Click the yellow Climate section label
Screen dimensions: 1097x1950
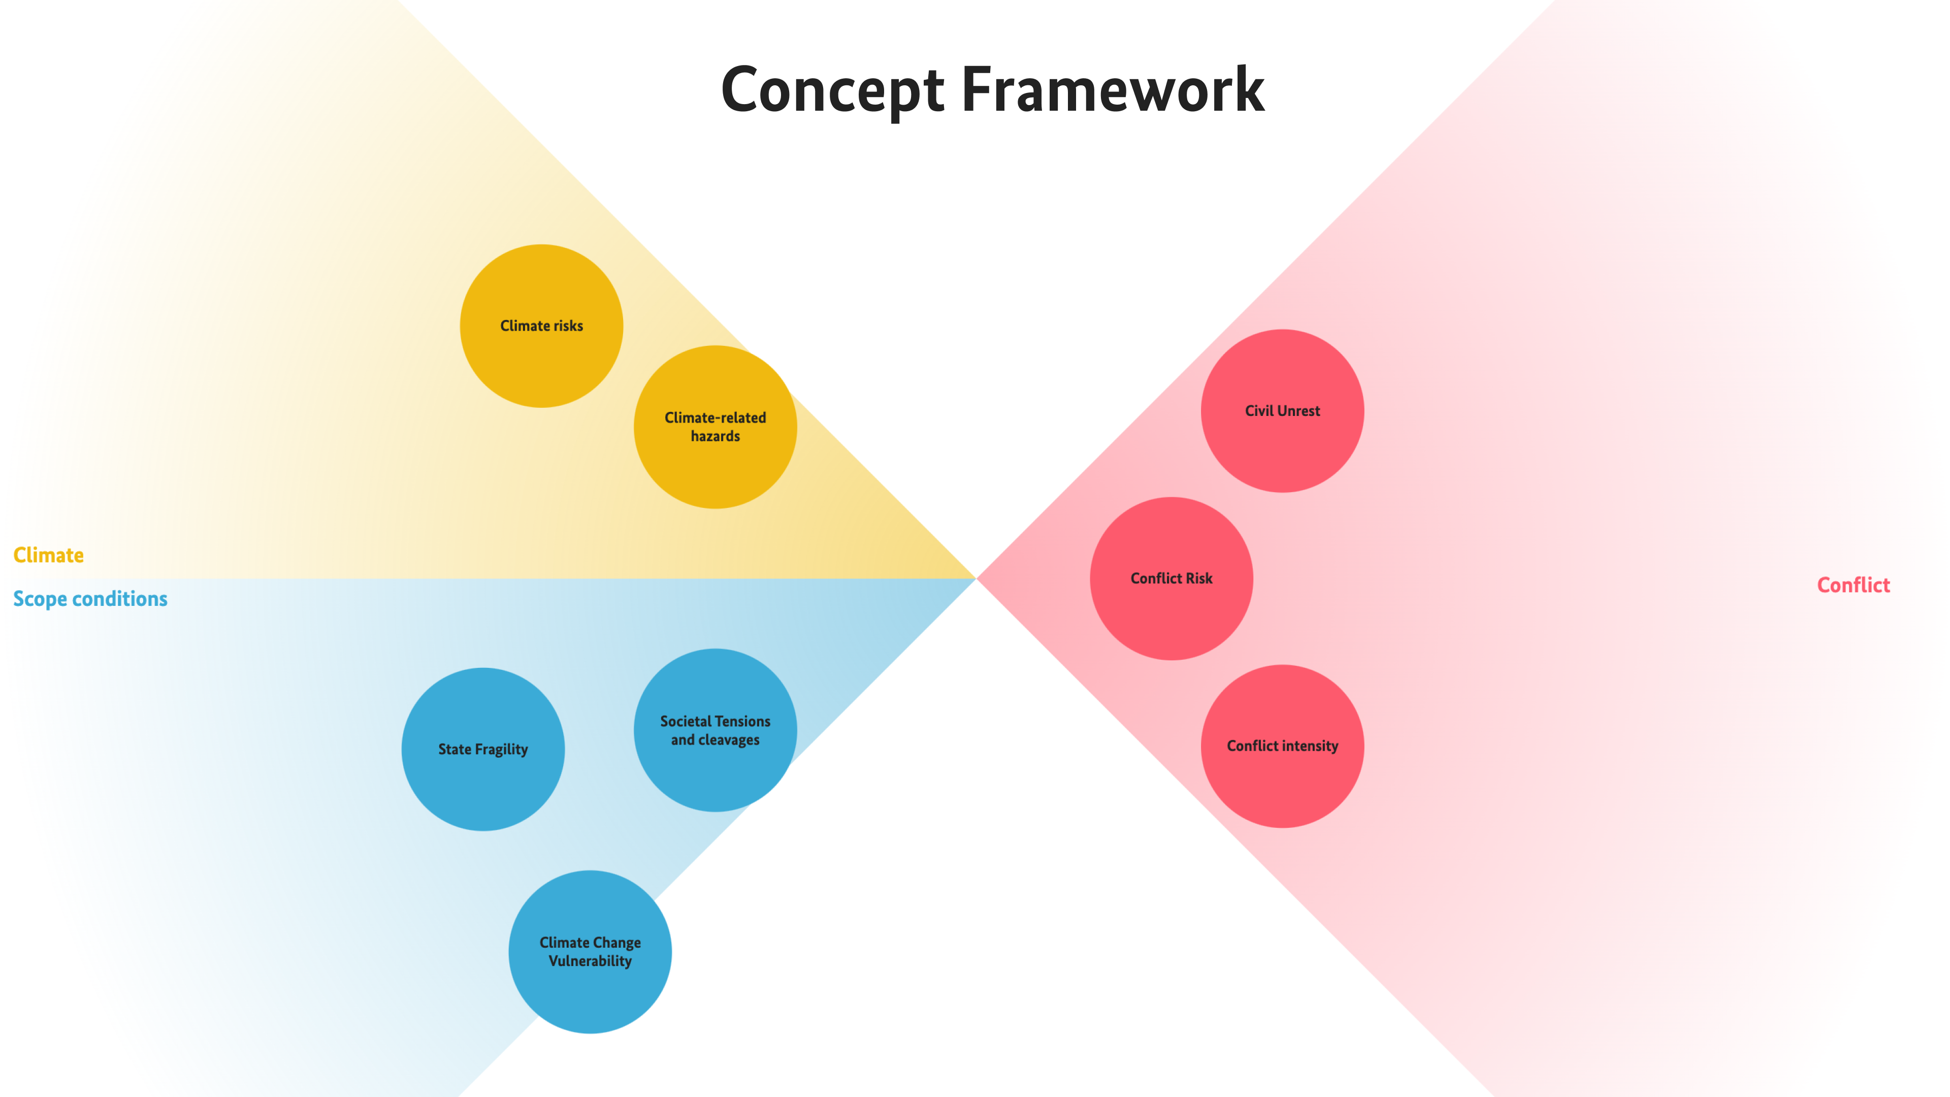[48, 555]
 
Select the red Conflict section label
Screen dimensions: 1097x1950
[1853, 585]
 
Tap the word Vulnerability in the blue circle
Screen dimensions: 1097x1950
[590, 961]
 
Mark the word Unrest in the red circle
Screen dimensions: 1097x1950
[1298, 411]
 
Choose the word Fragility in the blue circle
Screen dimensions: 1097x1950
[501, 750]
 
